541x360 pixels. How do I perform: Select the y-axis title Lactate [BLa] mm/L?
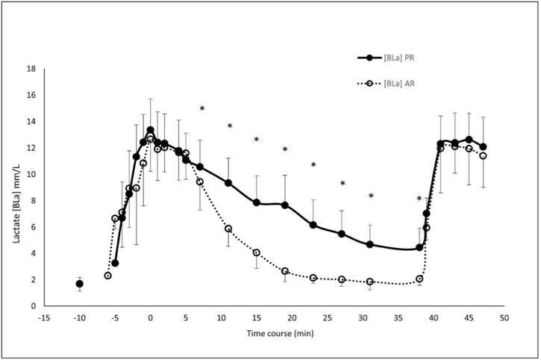pyautogui.click(x=17, y=187)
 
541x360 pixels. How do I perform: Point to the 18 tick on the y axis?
pyautogui.click(x=32, y=69)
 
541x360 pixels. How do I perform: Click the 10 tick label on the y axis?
pyautogui.click(x=32, y=174)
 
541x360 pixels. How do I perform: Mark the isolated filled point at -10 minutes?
pyautogui.click(x=80, y=284)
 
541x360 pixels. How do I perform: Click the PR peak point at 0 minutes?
pyautogui.click(x=151, y=130)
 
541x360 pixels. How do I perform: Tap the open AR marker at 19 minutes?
pyautogui.click(x=285, y=271)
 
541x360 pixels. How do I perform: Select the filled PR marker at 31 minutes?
pyautogui.click(x=370, y=244)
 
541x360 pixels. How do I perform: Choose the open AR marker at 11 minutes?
pyautogui.click(x=228, y=229)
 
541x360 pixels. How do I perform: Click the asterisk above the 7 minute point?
pyautogui.click(x=201, y=109)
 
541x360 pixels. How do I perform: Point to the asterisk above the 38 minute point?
pyautogui.click(x=419, y=199)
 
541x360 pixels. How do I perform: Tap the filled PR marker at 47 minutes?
pyautogui.click(x=483, y=146)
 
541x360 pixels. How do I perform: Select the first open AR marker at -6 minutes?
pyautogui.click(x=108, y=276)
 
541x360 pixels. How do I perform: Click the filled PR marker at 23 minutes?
pyautogui.click(x=313, y=225)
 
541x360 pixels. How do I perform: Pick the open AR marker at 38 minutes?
pyautogui.click(x=419, y=279)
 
